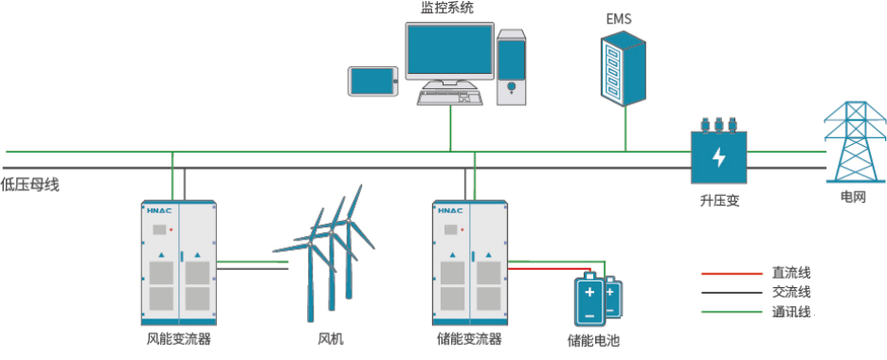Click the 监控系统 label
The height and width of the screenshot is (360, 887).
tap(446, 8)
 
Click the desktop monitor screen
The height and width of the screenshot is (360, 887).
tap(450, 52)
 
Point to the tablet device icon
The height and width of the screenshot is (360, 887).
tap(371, 81)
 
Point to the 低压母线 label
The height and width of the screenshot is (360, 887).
tap(30, 184)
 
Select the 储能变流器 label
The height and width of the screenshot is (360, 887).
tap(469, 338)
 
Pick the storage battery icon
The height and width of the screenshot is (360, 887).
tap(597, 299)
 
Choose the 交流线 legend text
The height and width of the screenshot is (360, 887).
tap(791, 293)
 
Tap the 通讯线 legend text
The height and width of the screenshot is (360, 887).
tap(791, 312)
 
